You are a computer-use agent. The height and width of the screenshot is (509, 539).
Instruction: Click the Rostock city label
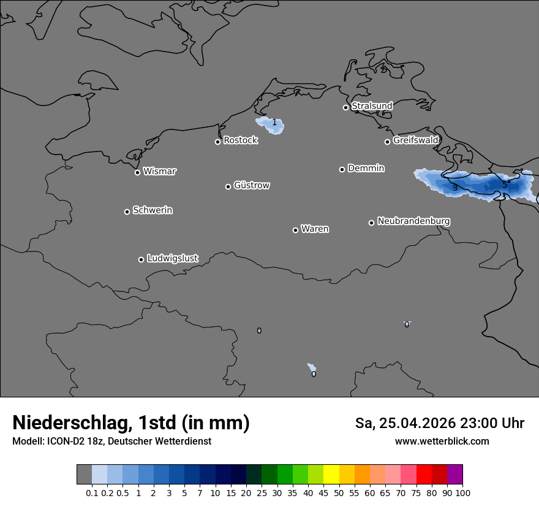[x=240, y=140]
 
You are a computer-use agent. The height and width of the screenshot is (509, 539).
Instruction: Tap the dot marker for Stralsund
[x=345, y=107]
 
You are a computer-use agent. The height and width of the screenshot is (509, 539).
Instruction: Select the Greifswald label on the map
[x=415, y=140]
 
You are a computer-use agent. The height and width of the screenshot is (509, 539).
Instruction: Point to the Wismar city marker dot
[x=137, y=172]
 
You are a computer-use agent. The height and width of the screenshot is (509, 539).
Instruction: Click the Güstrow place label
[x=252, y=185]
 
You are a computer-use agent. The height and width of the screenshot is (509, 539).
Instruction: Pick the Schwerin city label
[x=153, y=210]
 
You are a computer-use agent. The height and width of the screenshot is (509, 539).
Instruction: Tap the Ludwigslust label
[x=172, y=258]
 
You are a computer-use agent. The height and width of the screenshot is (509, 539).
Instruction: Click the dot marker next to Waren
[x=295, y=230]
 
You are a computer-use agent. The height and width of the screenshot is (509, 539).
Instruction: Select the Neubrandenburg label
[x=413, y=221]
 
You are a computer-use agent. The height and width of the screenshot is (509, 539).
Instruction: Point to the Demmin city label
[x=366, y=168]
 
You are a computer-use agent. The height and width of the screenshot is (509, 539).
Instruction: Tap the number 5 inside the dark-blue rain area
[x=505, y=183]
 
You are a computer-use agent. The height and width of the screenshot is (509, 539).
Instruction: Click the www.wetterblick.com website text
[x=442, y=442]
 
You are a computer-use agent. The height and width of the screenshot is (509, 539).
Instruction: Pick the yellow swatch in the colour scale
[x=331, y=475]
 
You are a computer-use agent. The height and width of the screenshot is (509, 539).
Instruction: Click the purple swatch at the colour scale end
[x=454, y=475]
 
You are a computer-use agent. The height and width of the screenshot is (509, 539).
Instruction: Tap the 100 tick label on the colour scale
[x=462, y=492]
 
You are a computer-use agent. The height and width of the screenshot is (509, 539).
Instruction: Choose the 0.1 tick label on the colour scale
[x=92, y=492]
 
